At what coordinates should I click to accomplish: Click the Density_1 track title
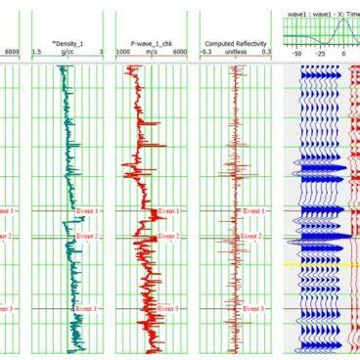64,44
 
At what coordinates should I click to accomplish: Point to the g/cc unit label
66,52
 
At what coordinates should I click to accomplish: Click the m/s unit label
150,52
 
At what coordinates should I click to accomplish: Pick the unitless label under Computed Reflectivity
235,52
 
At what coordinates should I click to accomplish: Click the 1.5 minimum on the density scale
36,52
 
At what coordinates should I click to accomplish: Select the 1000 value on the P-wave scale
124,52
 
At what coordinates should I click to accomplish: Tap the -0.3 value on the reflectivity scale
207,52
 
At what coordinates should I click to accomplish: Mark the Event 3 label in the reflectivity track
254,309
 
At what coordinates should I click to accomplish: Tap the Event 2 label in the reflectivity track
254,237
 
